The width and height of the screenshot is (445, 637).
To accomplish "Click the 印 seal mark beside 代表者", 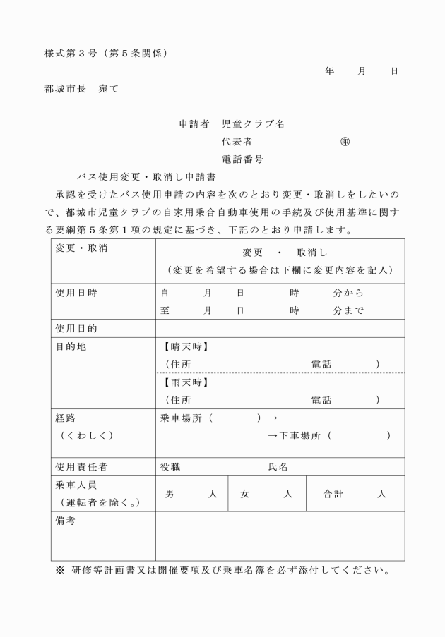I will coord(345,142).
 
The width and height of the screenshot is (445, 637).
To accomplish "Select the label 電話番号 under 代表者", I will coord(243,159).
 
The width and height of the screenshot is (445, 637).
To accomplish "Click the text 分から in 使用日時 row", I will coord(348,292).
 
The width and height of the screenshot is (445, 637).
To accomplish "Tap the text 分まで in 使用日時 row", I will coord(348,310).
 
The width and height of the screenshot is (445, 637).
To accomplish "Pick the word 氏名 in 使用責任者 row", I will coord(278,467).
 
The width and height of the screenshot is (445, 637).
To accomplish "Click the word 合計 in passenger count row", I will coord(333,494).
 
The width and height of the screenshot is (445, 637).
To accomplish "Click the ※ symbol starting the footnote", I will coord(59,571).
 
